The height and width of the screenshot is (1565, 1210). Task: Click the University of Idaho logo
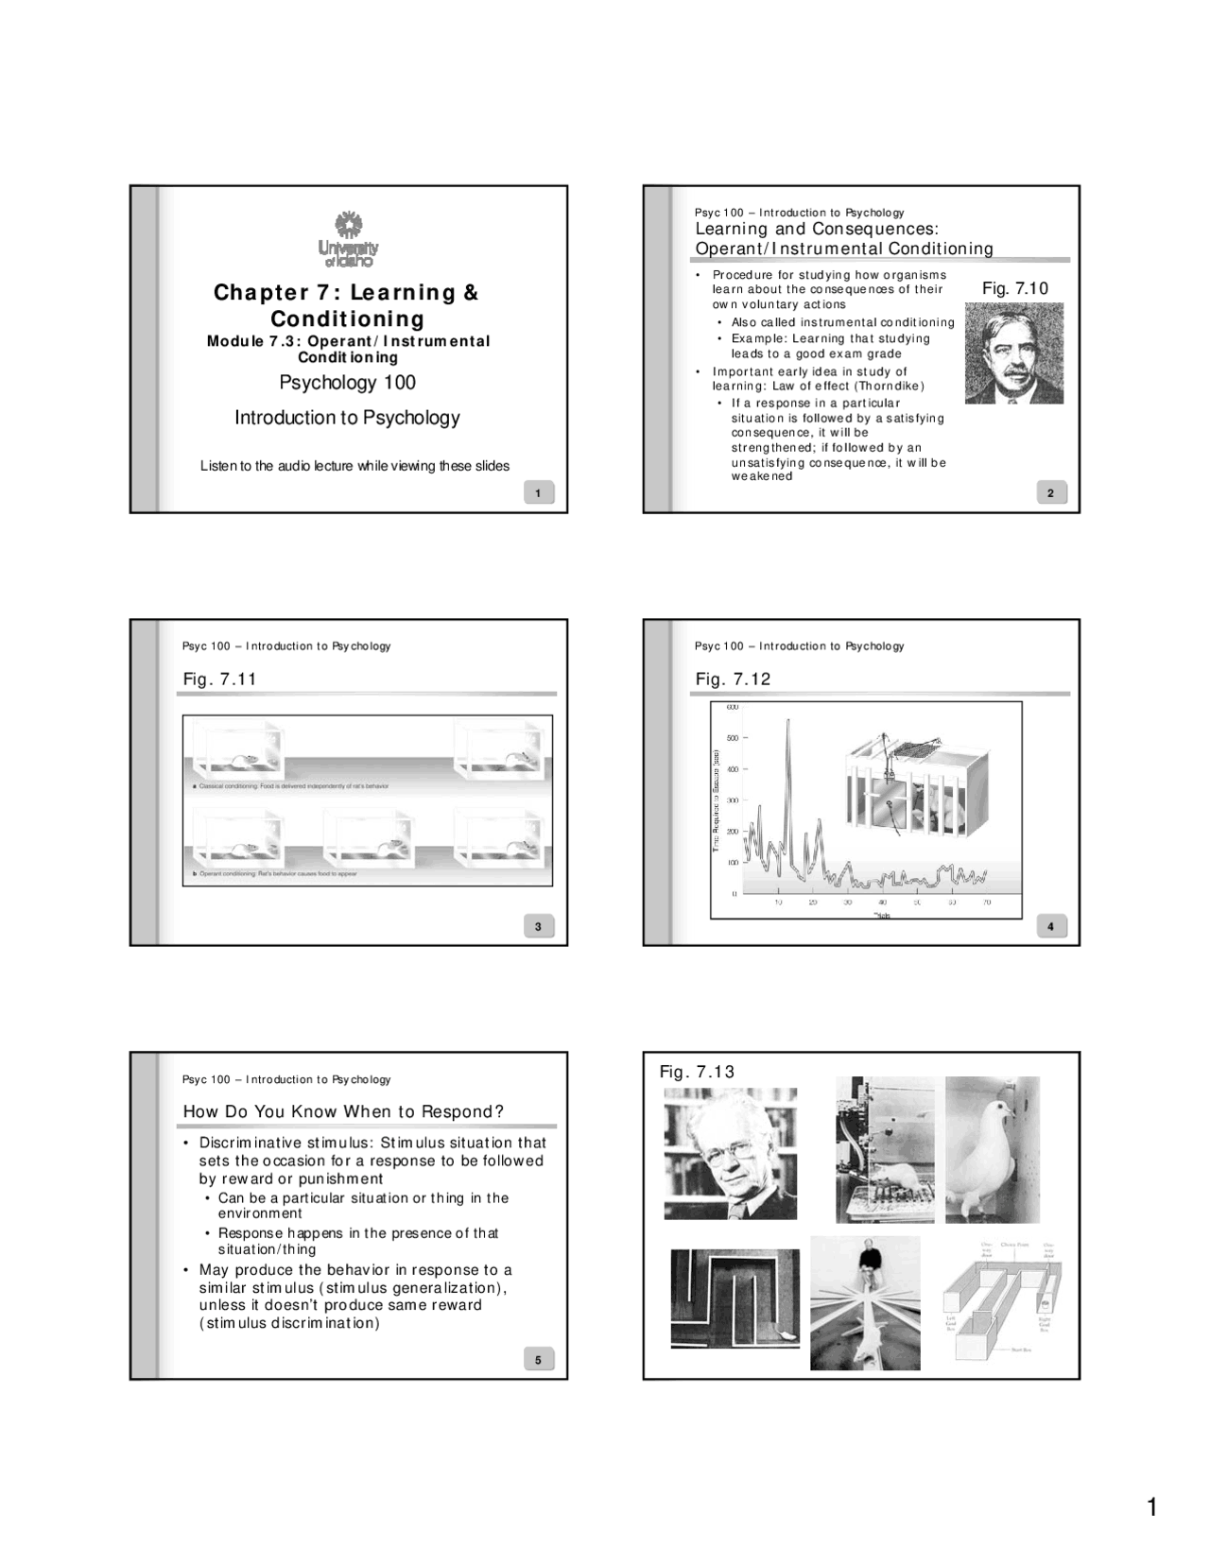point(348,239)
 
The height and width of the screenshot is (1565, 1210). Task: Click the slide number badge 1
point(538,493)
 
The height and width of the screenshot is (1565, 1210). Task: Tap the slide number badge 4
point(1050,927)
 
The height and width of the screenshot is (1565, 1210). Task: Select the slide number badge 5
point(538,1360)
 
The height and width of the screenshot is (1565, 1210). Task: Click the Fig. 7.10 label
point(1015,288)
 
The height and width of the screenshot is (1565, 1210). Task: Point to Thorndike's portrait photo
point(1013,353)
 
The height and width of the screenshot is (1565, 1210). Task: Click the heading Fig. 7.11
point(219,679)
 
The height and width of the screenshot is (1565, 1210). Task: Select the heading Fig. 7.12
point(733,679)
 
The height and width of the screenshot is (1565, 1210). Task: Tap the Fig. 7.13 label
point(697,1071)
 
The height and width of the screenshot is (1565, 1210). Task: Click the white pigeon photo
point(993,1149)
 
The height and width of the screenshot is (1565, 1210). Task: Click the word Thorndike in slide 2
point(891,386)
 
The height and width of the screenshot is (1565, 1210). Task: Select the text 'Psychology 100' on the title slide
point(347,383)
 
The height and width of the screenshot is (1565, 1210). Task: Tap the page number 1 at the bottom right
point(1151,1507)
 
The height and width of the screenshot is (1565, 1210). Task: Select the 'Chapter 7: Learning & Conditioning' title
point(347,305)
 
